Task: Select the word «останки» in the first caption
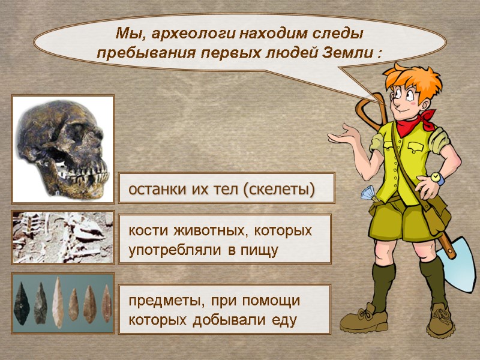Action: (x=156, y=190)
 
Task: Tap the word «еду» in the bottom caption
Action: (x=284, y=320)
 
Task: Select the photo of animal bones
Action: (x=63, y=238)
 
